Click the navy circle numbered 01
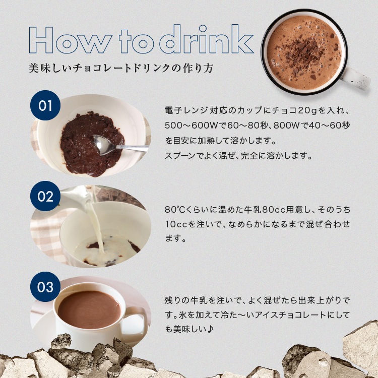pyautogui.click(x=45, y=106)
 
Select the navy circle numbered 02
pyautogui.click(x=45, y=197)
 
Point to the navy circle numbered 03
pyautogui.click(x=45, y=287)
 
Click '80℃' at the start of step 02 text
pyautogui.click(x=173, y=210)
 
